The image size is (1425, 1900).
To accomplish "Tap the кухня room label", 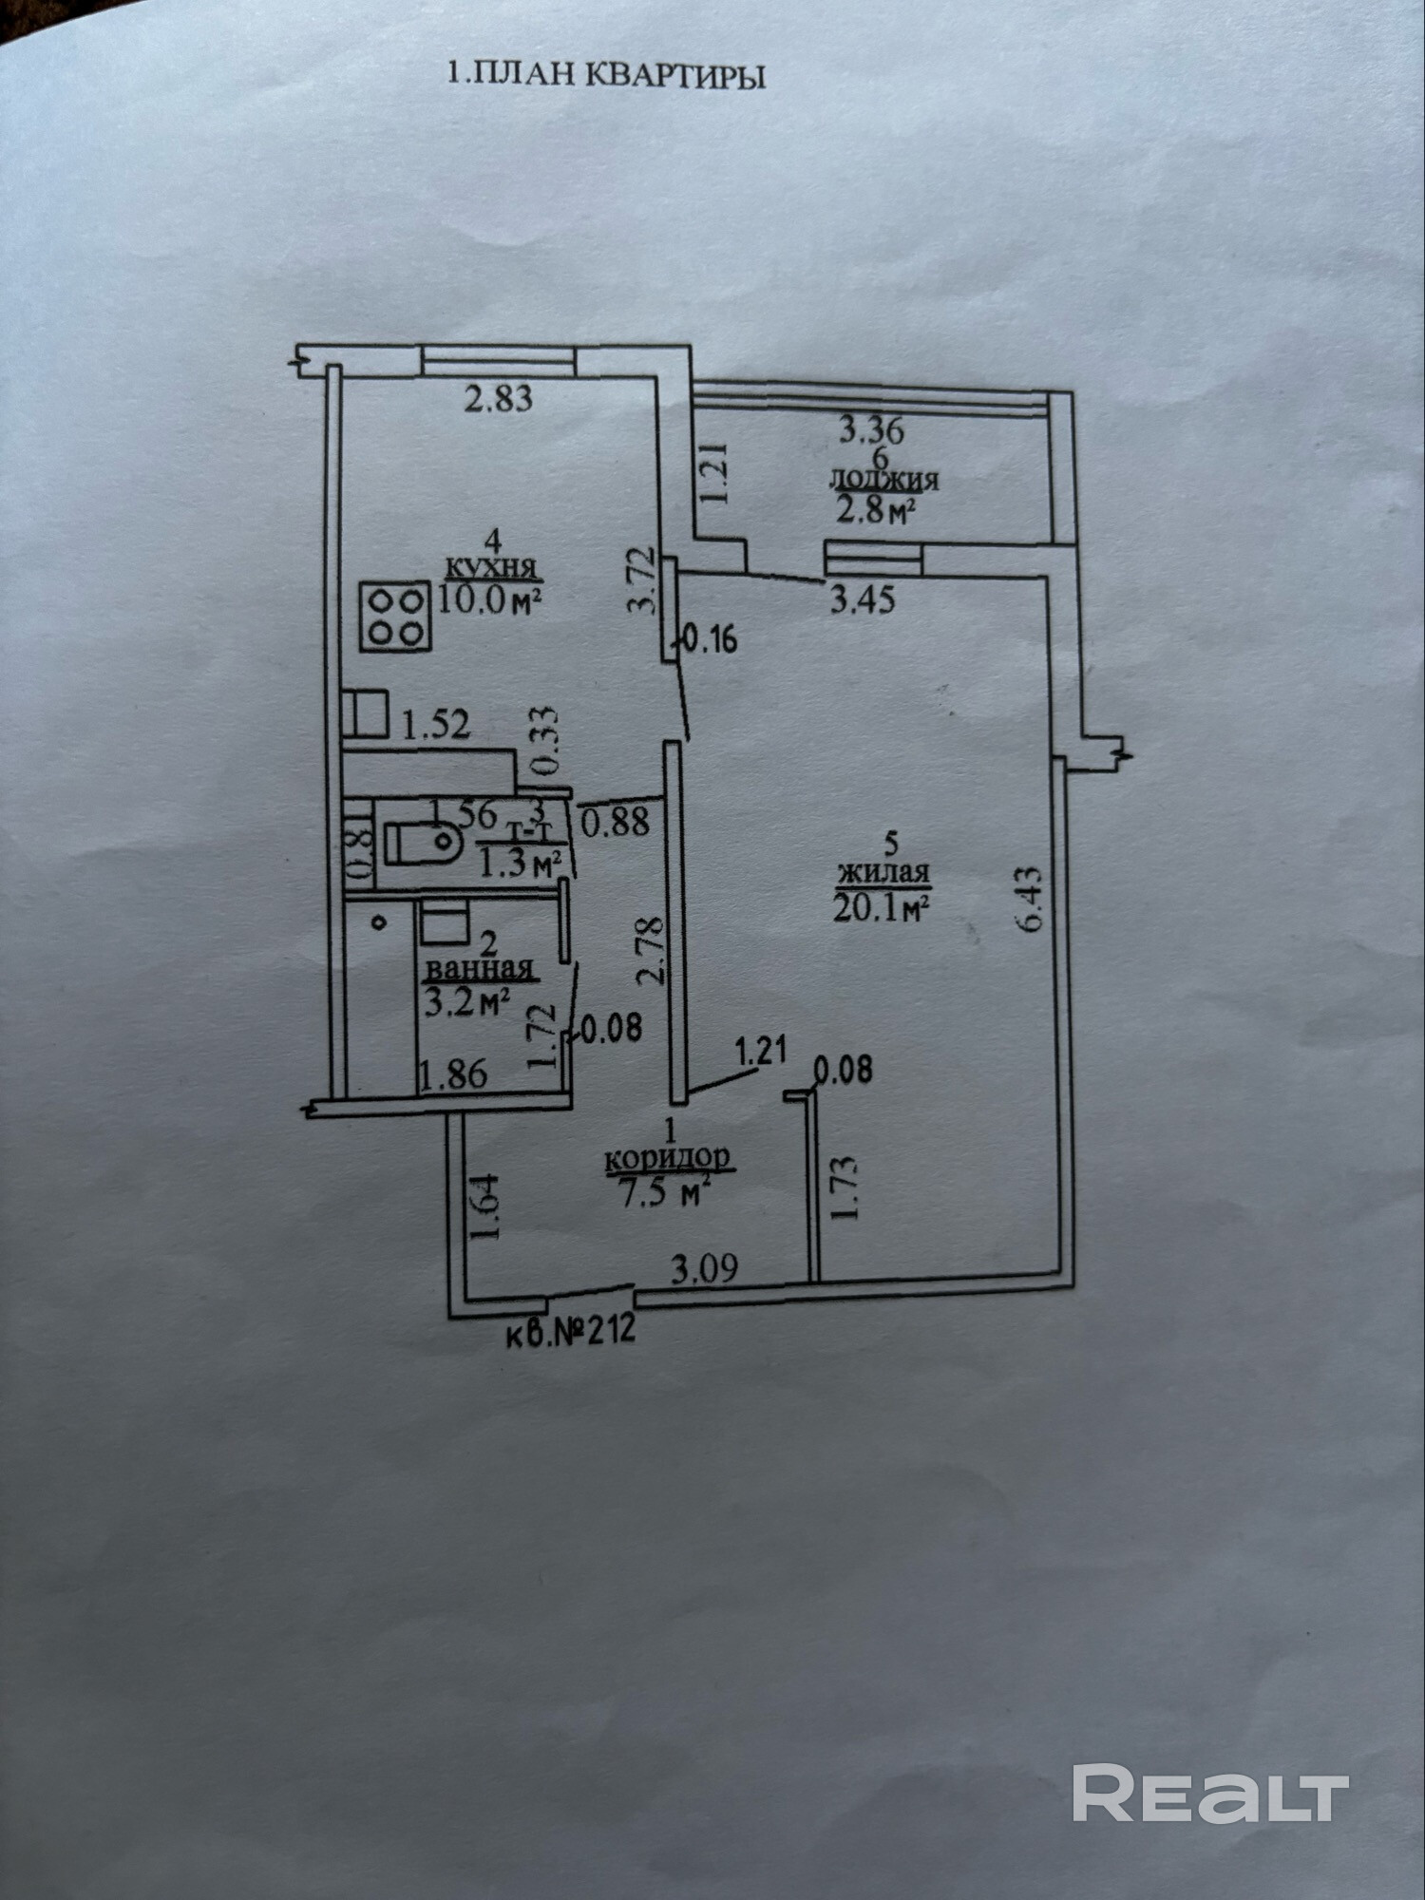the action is click(x=491, y=569).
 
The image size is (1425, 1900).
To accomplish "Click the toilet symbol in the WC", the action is click(x=422, y=842).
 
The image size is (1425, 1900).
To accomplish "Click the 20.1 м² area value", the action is click(x=880, y=907).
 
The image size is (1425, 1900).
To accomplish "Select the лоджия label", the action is click(x=883, y=480).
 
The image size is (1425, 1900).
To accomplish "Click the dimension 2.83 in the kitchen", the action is click(x=498, y=397).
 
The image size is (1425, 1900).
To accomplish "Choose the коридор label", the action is click(x=668, y=1158).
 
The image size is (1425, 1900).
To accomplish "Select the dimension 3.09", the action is click(x=704, y=1268).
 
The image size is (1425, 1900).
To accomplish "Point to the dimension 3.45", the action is click(x=863, y=599).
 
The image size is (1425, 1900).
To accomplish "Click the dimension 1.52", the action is click(x=436, y=726).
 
